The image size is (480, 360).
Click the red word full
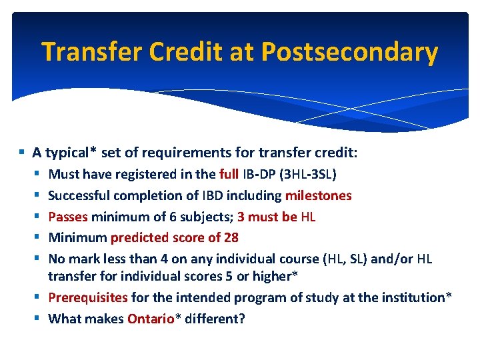coord(229,175)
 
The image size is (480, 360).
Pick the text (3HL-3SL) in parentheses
coord(306,175)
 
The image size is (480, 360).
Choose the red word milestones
coord(318,195)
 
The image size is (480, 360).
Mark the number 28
coord(231,237)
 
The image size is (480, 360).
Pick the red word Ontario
coord(149,319)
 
